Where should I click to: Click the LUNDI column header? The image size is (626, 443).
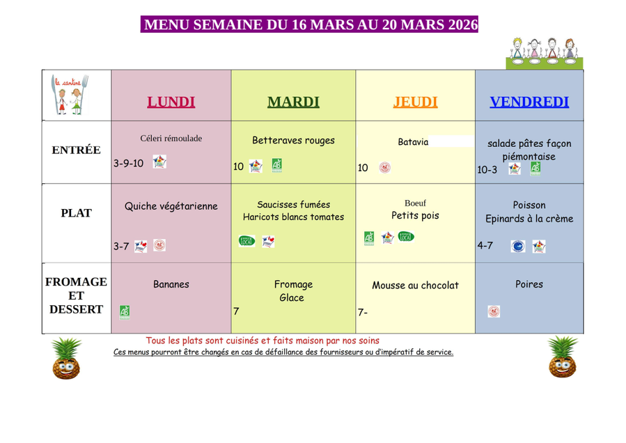[171, 102]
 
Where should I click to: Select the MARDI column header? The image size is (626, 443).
[293, 102]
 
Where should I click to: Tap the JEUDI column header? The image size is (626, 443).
[415, 102]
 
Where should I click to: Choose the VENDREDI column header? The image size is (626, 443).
[529, 102]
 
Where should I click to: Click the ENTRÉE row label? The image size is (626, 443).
[77, 150]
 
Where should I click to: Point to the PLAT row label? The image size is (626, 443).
[77, 213]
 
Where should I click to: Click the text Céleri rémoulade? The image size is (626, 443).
[171, 139]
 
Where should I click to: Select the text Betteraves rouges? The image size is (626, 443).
[293, 140]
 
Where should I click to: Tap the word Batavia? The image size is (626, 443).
[413, 141]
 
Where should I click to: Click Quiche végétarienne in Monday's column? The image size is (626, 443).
[171, 206]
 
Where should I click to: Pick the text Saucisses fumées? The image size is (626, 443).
[293, 205]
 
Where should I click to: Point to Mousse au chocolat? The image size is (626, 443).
[415, 286]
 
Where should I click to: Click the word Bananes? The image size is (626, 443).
[171, 284]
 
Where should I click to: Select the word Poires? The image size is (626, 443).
[529, 284]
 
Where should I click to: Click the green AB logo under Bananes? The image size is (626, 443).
[124, 311]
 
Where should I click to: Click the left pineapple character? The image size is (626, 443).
[67, 358]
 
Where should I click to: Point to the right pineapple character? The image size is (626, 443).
[563, 357]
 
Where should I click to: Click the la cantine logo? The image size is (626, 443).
[71, 95]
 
